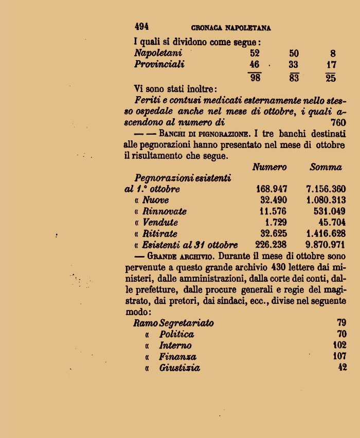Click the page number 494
pyautogui.click(x=141, y=27)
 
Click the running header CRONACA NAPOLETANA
pyautogui.click(x=231, y=28)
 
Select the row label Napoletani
pyautogui.click(x=158, y=53)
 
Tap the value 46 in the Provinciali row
pyautogui.click(x=254, y=65)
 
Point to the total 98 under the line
pyautogui.click(x=255, y=78)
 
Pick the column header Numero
pyautogui.click(x=269, y=167)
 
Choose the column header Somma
pyautogui.click(x=326, y=167)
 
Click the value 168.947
pyautogui.click(x=272, y=189)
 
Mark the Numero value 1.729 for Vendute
pyautogui.click(x=276, y=223)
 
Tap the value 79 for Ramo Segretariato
pyautogui.click(x=341, y=323)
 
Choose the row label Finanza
pyautogui.click(x=177, y=357)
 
